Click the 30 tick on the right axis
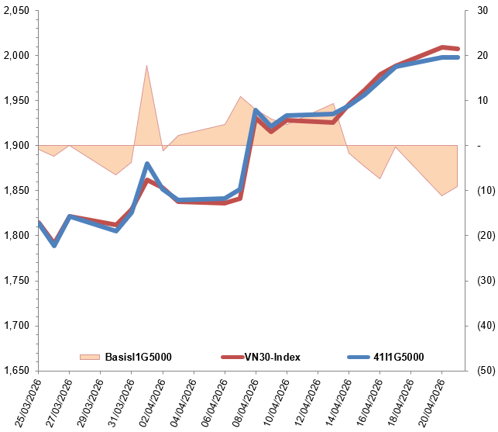click(481, 11)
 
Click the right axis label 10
click(481, 101)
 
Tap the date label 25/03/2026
click(25, 402)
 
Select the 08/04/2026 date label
click(242, 402)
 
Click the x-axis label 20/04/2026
click(428, 402)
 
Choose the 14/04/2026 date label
click(335, 402)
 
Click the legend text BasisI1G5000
click(138, 357)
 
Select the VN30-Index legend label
click(273, 357)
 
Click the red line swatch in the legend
click(232, 357)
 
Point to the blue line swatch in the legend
click(355, 357)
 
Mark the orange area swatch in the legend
click(90, 357)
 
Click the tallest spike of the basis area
click(147, 66)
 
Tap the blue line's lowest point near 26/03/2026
click(54, 245)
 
